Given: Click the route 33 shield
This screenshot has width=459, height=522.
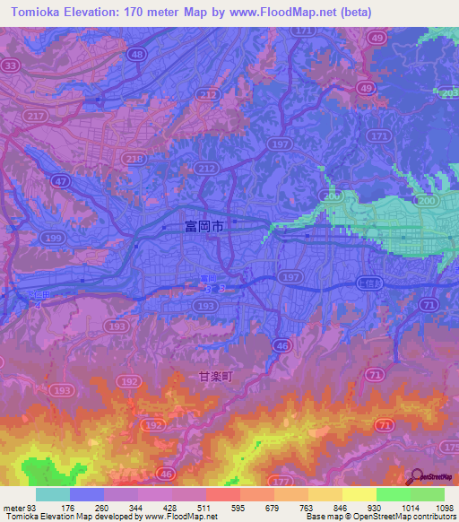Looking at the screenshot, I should point(11,65).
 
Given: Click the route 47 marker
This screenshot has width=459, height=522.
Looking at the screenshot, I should point(62,181).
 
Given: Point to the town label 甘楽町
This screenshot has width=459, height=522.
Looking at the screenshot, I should point(215,378).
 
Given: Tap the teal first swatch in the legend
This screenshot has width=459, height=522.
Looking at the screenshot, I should point(53,494).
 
